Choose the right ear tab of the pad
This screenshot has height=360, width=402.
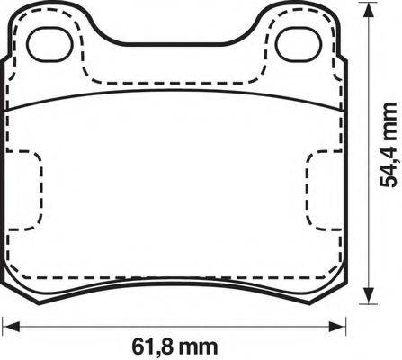click(x=297, y=27)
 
